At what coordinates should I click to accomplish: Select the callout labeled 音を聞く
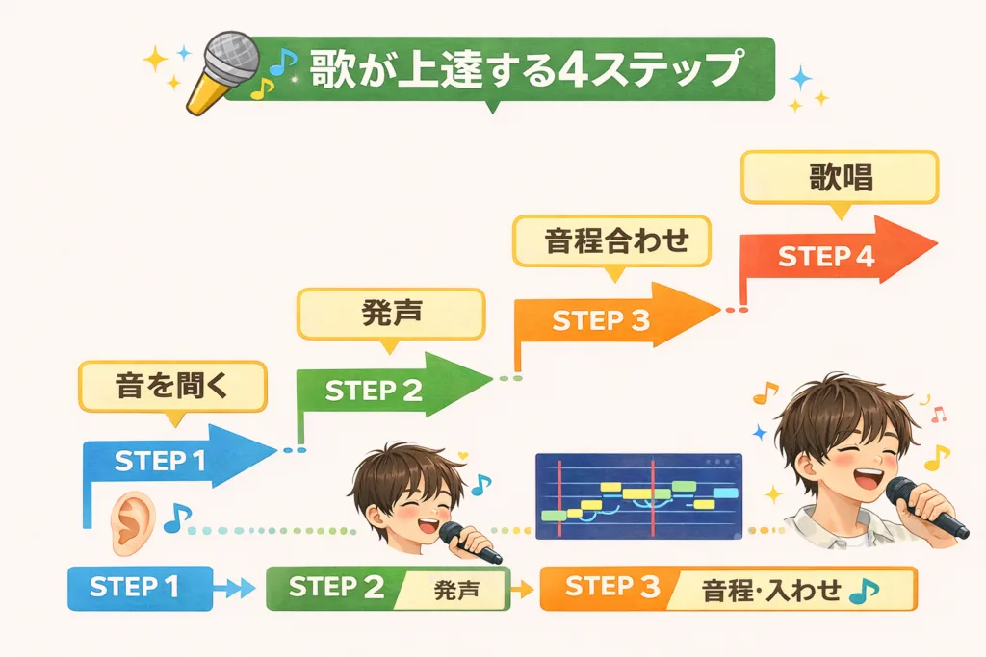pos(169,387)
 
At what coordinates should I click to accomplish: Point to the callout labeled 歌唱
pos(838,178)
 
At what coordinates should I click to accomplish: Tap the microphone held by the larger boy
pos(924,506)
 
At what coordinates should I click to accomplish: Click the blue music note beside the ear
pos(176,519)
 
